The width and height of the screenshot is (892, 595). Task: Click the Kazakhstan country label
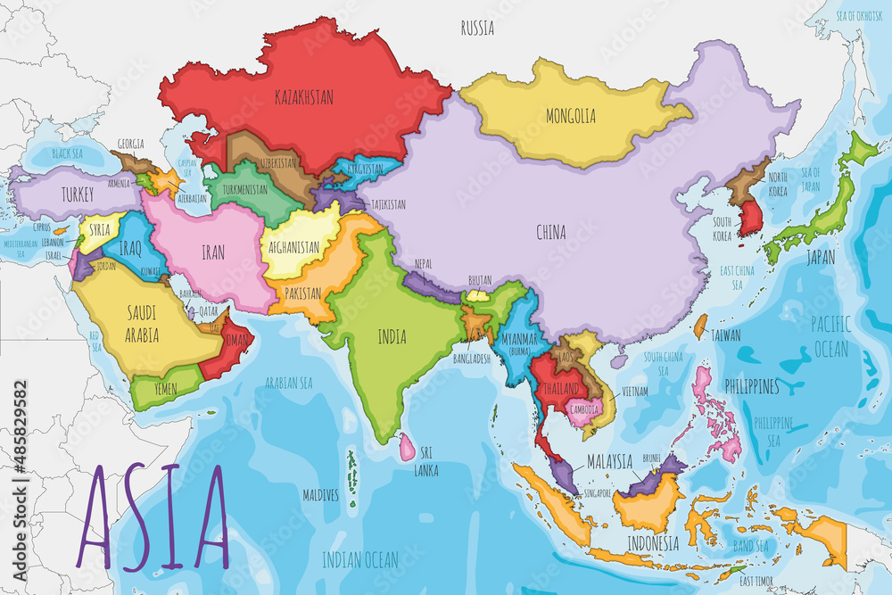pos(304,97)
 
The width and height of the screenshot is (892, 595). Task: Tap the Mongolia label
pos(571,116)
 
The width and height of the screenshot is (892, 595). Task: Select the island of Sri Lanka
pos(407,446)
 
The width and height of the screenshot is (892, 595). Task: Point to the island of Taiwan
pos(700,326)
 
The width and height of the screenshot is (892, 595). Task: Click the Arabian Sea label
pos(289,383)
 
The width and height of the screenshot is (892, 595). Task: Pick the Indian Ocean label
pos(359,559)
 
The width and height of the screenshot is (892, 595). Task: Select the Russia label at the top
pos(477,29)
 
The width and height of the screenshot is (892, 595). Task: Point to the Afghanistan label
pos(290,247)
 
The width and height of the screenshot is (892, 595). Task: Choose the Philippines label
pos(751,387)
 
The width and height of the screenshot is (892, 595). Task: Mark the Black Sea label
pos(67,153)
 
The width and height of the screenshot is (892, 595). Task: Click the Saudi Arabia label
pos(142,324)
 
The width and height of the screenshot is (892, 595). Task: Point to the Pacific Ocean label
pos(830,335)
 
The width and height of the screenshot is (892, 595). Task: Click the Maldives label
pos(321,493)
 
